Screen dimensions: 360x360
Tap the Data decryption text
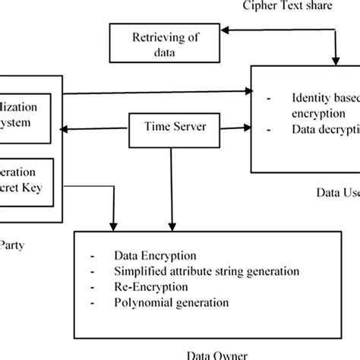326,130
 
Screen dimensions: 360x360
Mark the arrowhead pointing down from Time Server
172,226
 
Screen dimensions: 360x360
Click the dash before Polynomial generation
91,302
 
